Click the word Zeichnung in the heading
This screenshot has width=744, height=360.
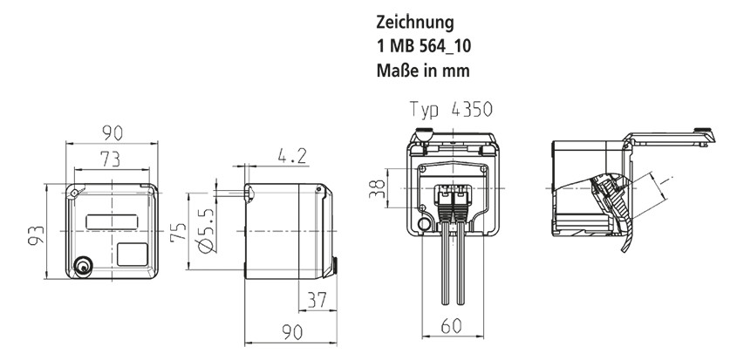point(413,20)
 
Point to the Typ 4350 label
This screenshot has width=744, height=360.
point(451,111)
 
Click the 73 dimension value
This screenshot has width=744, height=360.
point(111,159)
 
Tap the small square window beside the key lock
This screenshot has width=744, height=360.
point(133,255)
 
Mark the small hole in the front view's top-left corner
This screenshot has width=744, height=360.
point(77,193)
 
